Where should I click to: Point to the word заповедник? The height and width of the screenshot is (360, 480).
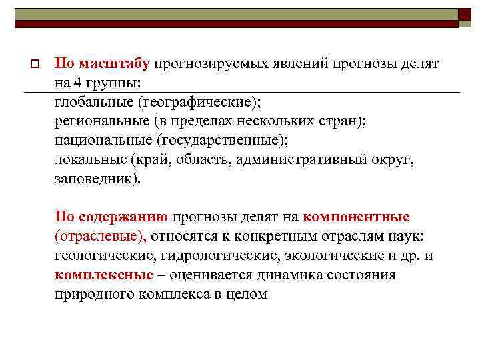point(97,179)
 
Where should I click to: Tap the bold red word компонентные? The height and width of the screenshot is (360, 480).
point(356,217)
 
